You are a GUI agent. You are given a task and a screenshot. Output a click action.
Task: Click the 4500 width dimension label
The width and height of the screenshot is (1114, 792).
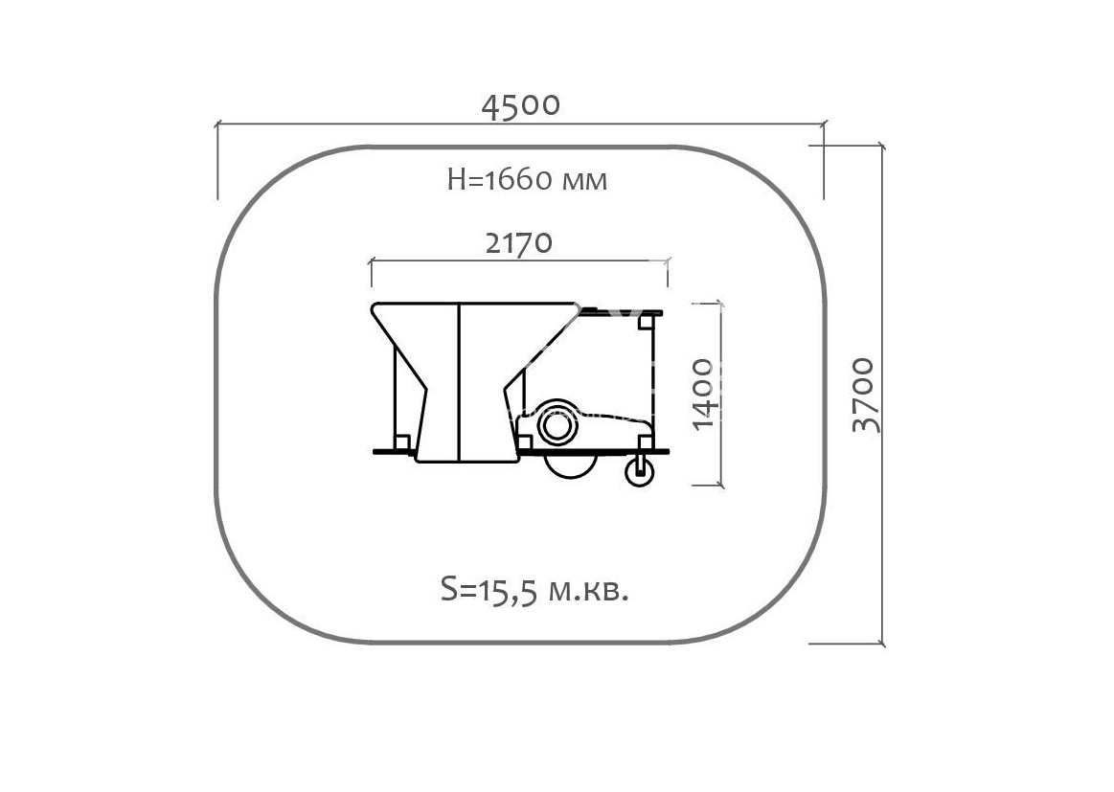coord(521,105)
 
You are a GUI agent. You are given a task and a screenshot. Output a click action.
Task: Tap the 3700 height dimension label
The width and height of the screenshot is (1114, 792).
coord(867,395)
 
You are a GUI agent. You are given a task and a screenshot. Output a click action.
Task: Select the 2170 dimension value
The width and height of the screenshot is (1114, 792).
coord(518,243)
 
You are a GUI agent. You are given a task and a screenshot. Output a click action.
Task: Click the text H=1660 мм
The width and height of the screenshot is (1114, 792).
coord(527,180)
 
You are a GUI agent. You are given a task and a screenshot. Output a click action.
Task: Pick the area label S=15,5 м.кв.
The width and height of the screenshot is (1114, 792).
coord(534,590)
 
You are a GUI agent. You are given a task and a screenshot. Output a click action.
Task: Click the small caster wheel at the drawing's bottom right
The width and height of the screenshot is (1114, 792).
coord(640,471)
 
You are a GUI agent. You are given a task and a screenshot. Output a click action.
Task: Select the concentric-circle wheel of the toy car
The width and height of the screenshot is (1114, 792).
coord(557,425)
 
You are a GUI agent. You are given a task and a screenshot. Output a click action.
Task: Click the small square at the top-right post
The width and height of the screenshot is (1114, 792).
coord(645,322)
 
